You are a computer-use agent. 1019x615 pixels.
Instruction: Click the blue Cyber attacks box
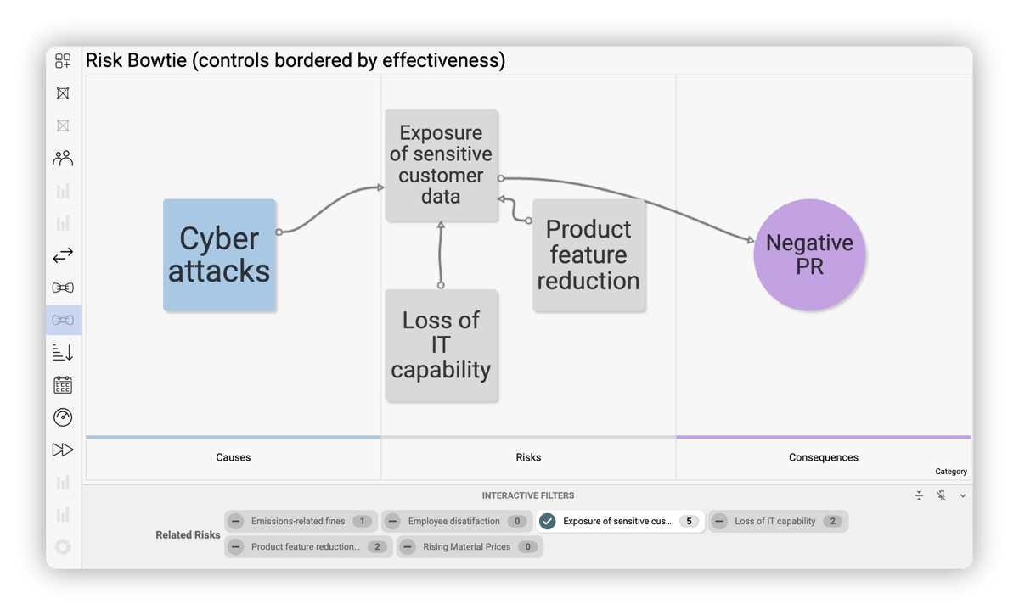[219, 254]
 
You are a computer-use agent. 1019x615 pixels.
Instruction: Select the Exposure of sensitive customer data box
[441, 165]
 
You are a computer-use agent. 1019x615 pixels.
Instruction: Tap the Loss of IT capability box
[441, 344]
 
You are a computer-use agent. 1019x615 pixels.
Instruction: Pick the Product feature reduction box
[588, 254]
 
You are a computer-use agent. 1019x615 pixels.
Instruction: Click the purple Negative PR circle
[809, 255]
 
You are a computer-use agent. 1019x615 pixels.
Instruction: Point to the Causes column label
[234, 457]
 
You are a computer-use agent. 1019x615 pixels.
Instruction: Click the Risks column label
[528, 457]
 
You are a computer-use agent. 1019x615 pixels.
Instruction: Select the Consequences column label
[823, 457]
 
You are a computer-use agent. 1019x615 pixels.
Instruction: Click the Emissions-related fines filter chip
[299, 522]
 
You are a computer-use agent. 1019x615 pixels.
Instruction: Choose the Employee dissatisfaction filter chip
[455, 522]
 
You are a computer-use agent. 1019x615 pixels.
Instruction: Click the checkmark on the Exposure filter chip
[548, 522]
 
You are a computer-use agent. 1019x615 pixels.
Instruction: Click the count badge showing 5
[689, 522]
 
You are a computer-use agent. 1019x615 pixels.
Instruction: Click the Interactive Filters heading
[528, 495]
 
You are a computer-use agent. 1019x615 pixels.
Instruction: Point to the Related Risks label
[188, 535]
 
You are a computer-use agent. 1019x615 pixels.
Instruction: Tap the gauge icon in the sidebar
[63, 417]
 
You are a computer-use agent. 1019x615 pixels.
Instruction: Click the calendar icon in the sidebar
[63, 385]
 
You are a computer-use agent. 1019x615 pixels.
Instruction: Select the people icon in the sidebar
[63, 158]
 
